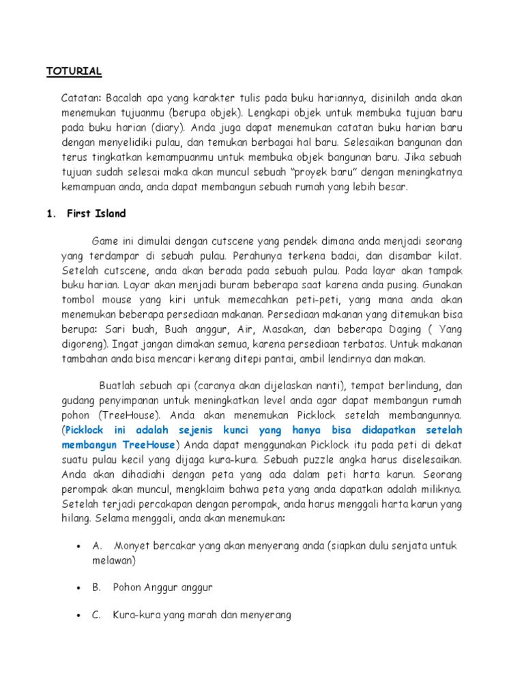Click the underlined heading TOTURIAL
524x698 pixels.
(74, 71)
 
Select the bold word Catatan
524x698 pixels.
(81, 97)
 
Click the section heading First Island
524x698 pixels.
(96, 213)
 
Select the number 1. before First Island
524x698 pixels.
(50, 213)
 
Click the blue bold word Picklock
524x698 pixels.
(85, 430)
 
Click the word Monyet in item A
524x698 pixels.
(130, 546)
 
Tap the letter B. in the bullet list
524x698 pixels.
(97, 586)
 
